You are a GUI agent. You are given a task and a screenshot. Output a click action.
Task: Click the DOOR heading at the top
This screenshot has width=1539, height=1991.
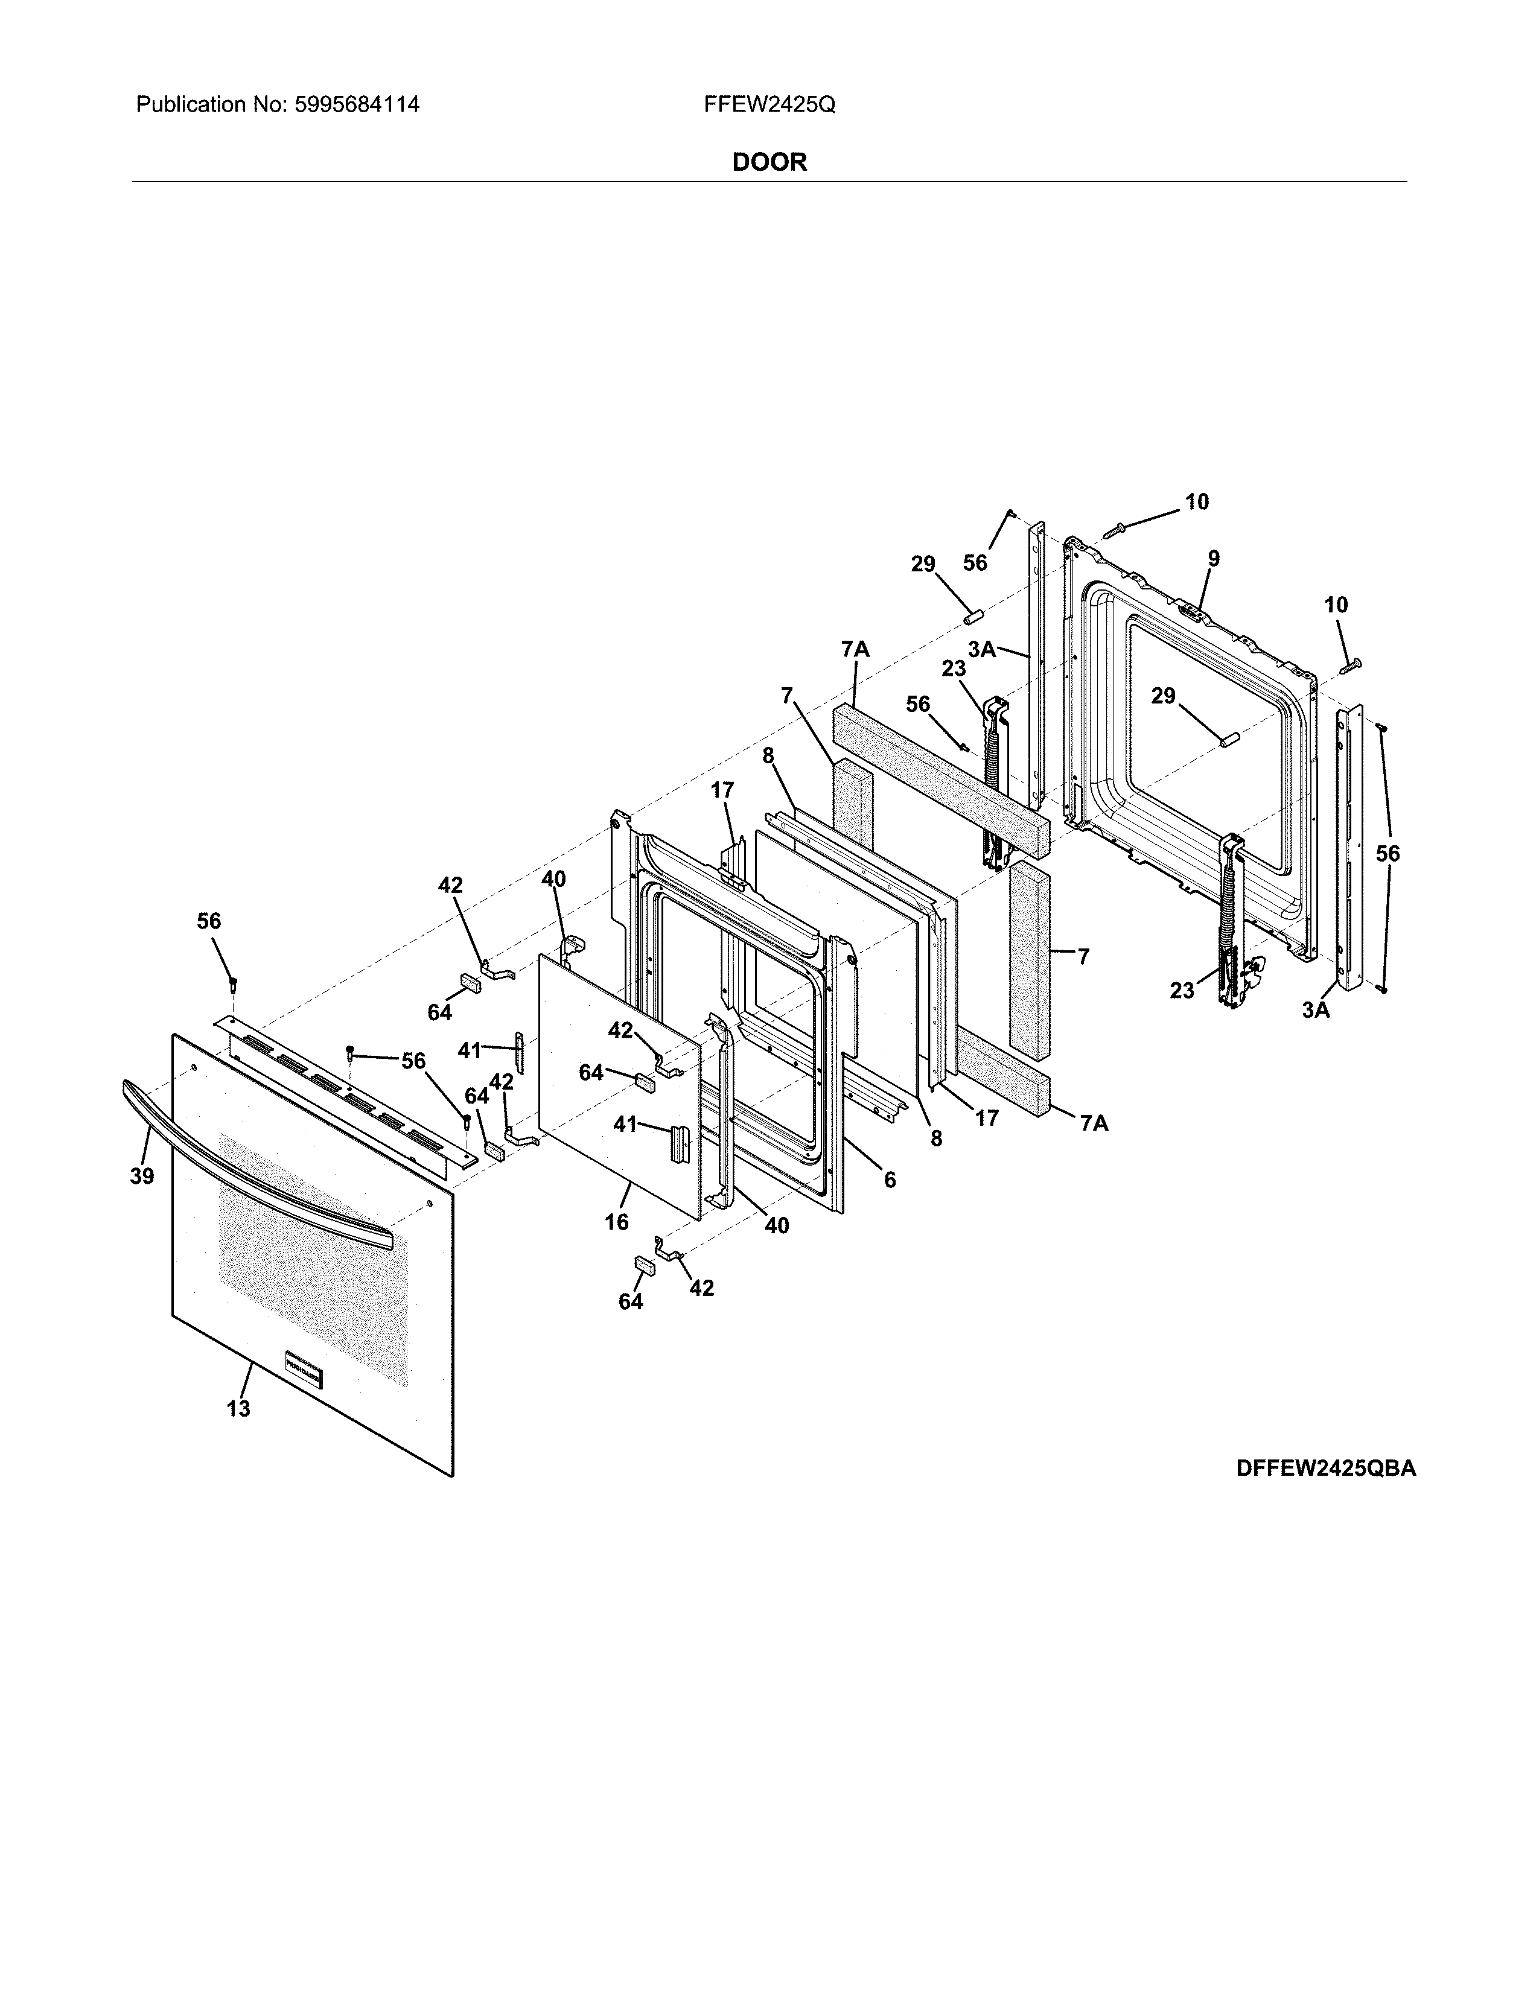(769, 162)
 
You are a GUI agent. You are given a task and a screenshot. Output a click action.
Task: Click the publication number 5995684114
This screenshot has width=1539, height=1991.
(357, 105)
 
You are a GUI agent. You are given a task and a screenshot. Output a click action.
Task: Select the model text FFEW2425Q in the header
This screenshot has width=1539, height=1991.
(769, 105)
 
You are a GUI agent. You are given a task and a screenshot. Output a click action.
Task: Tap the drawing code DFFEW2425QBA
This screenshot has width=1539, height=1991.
(1326, 1469)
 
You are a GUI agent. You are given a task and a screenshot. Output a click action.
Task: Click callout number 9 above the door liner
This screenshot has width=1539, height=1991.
(1214, 558)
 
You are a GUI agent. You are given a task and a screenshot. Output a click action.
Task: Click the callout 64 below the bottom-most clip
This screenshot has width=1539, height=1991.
(631, 1302)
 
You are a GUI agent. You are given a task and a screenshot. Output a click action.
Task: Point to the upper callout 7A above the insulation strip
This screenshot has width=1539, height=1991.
(855, 649)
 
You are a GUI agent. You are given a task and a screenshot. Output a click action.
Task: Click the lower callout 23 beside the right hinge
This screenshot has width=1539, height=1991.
(1182, 990)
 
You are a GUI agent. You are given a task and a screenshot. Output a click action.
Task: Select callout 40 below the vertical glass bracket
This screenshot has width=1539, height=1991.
(776, 1226)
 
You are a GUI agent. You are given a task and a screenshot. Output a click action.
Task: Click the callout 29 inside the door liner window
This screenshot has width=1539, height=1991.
(1164, 696)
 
